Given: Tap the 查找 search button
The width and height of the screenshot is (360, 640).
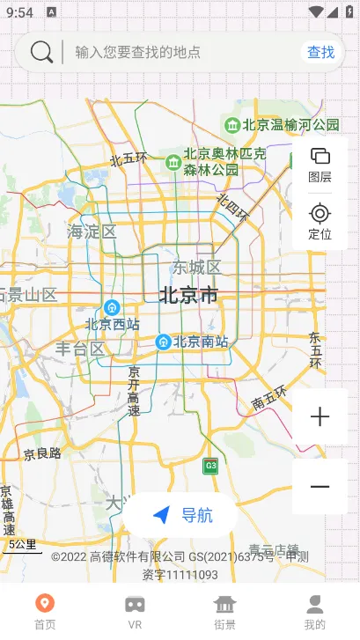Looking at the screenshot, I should coord(320,52).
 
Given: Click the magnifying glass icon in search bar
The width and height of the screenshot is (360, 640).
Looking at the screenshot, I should coord(41,52).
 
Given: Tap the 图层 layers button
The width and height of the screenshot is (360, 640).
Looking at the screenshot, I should coord(320,165).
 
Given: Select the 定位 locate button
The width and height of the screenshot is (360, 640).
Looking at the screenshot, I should coord(320,222).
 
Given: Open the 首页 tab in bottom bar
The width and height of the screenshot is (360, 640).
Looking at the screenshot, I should coord(45,611).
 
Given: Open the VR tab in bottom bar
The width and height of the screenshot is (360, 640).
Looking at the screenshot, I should coord(135,611).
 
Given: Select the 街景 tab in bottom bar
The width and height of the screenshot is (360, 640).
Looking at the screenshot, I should coord(225,611).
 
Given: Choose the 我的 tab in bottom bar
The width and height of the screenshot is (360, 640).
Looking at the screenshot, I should coord(314,611).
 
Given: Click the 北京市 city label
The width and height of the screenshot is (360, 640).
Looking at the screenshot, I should coord(189,295).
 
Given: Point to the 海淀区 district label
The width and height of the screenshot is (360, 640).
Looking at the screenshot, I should coord(92,232).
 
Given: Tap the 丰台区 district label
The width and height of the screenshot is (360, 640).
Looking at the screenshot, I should coord(79,349).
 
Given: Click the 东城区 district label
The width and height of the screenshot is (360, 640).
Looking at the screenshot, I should coord(195,268).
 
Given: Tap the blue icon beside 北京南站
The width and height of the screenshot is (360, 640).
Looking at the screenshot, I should coord(163,342).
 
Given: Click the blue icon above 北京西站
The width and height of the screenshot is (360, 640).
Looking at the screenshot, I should coord(112,307).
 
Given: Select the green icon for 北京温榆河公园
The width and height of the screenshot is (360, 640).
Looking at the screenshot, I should coord(232,125).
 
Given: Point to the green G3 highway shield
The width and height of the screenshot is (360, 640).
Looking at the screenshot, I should coord(210,466).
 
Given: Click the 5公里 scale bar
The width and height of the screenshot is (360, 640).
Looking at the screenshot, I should coord(21,546).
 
